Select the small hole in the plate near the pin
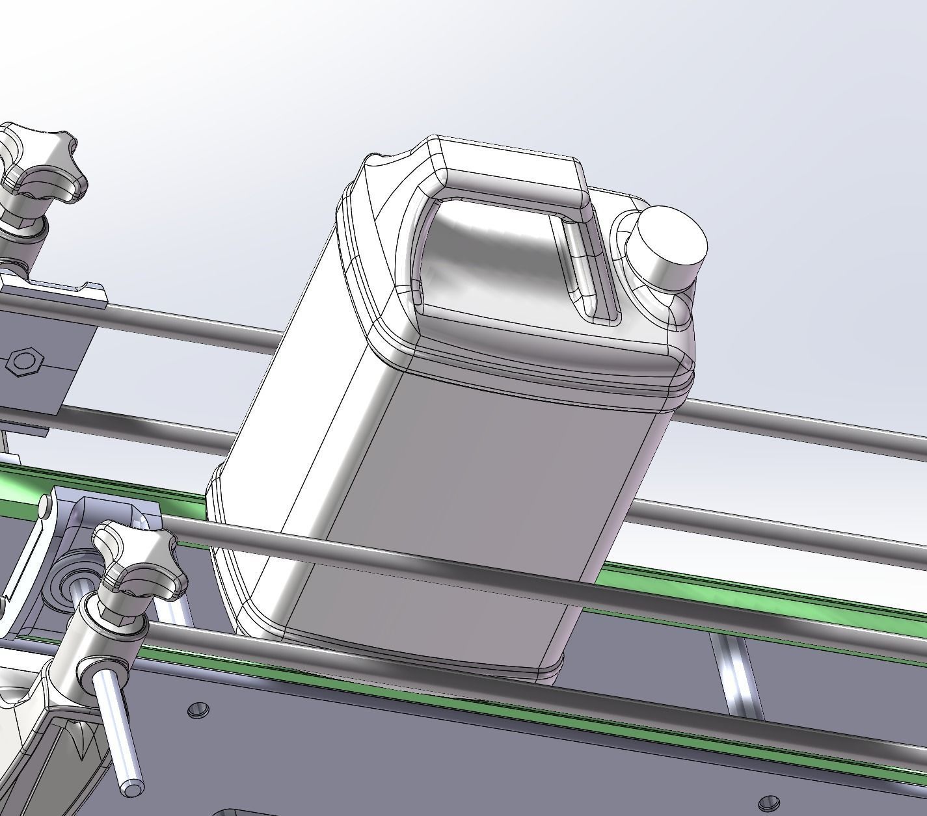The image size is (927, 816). pyautogui.click(x=198, y=709)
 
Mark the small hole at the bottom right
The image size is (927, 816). pyautogui.click(x=770, y=800)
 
